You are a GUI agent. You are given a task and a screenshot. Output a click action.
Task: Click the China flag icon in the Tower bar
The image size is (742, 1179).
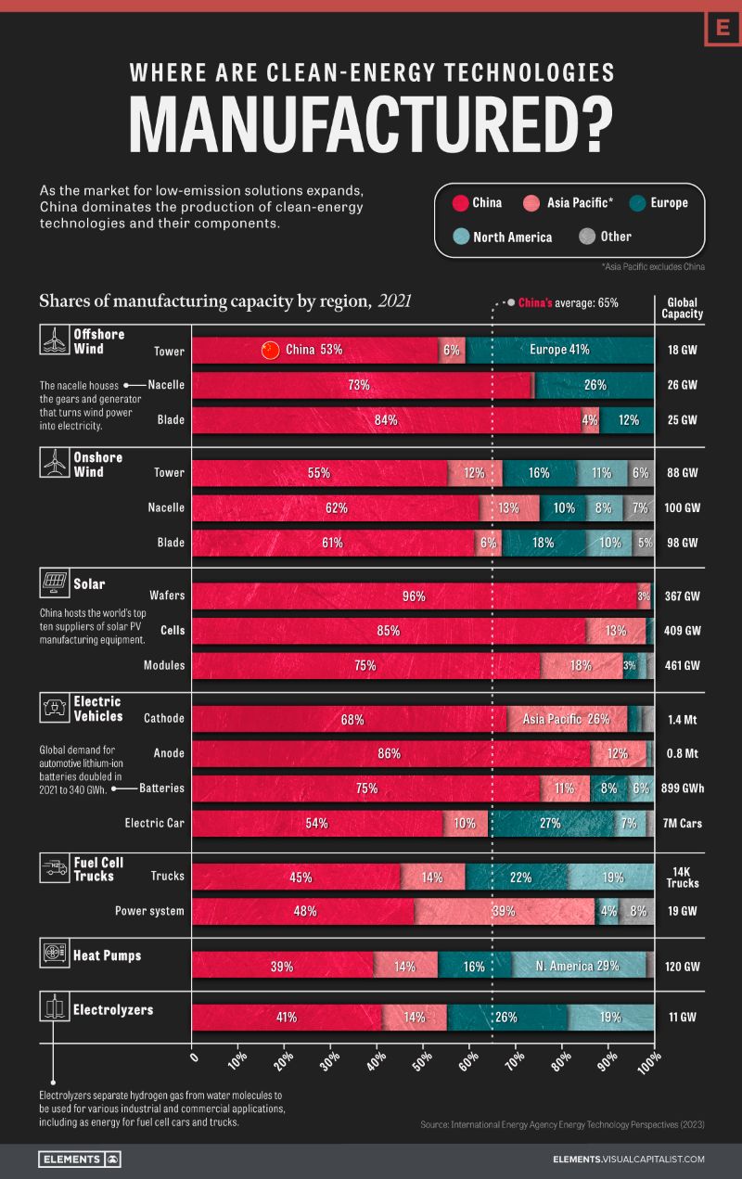(x=270, y=350)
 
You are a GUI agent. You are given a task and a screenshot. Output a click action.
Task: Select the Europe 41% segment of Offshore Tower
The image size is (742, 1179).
(x=559, y=350)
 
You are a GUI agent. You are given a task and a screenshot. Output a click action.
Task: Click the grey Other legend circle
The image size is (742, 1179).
(x=586, y=236)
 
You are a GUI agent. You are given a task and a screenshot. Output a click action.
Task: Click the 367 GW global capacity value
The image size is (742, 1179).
(x=682, y=596)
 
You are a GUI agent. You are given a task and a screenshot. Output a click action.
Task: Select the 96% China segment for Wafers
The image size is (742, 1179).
(x=414, y=596)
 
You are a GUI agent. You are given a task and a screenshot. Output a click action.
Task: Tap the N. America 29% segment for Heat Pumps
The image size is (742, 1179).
(x=578, y=966)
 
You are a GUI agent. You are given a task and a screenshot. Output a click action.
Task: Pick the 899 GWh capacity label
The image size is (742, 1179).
(x=682, y=788)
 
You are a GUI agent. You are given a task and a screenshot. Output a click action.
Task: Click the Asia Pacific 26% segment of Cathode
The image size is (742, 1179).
(x=566, y=719)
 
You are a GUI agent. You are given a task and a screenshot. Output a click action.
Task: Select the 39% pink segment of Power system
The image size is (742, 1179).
(x=504, y=911)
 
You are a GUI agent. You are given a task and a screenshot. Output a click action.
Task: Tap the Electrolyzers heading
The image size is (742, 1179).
(x=113, y=1009)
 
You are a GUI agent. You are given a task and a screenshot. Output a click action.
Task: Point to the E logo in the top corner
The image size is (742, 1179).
(x=722, y=28)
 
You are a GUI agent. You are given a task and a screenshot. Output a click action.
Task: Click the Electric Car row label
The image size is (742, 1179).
(x=154, y=823)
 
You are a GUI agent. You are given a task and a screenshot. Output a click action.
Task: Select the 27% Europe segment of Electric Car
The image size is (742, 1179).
(x=551, y=823)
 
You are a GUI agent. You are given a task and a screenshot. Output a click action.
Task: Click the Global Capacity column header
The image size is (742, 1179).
(x=682, y=308)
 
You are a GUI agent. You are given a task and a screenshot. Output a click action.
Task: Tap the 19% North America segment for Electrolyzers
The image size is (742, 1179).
(x=609, y=1017)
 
